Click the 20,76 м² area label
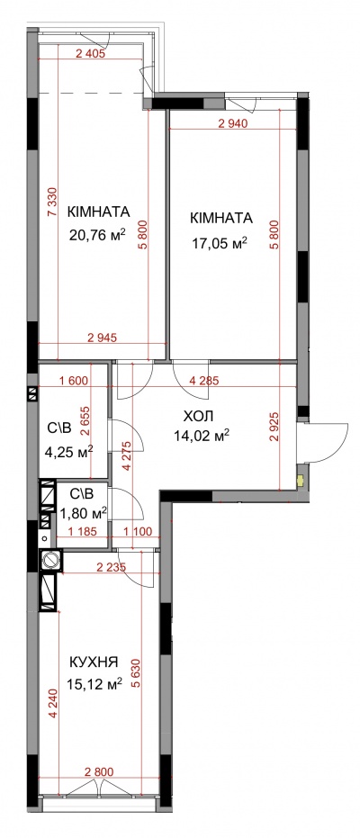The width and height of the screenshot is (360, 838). coord(98,233)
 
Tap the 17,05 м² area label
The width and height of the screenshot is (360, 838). coord(220,243)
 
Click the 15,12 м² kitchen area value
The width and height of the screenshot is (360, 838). coord(95,682)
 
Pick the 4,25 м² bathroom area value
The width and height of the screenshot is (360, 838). coord(70,453)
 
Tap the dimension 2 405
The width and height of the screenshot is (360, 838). coord(91,53)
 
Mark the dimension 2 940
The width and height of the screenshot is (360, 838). coord(233,125)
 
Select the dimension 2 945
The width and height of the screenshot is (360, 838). coord(102,338)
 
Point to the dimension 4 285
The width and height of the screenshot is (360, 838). coord(203,382)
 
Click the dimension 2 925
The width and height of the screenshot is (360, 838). coord(275,427)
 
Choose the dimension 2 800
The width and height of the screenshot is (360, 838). coord(100,771)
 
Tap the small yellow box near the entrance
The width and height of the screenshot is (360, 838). coord(301,481)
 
